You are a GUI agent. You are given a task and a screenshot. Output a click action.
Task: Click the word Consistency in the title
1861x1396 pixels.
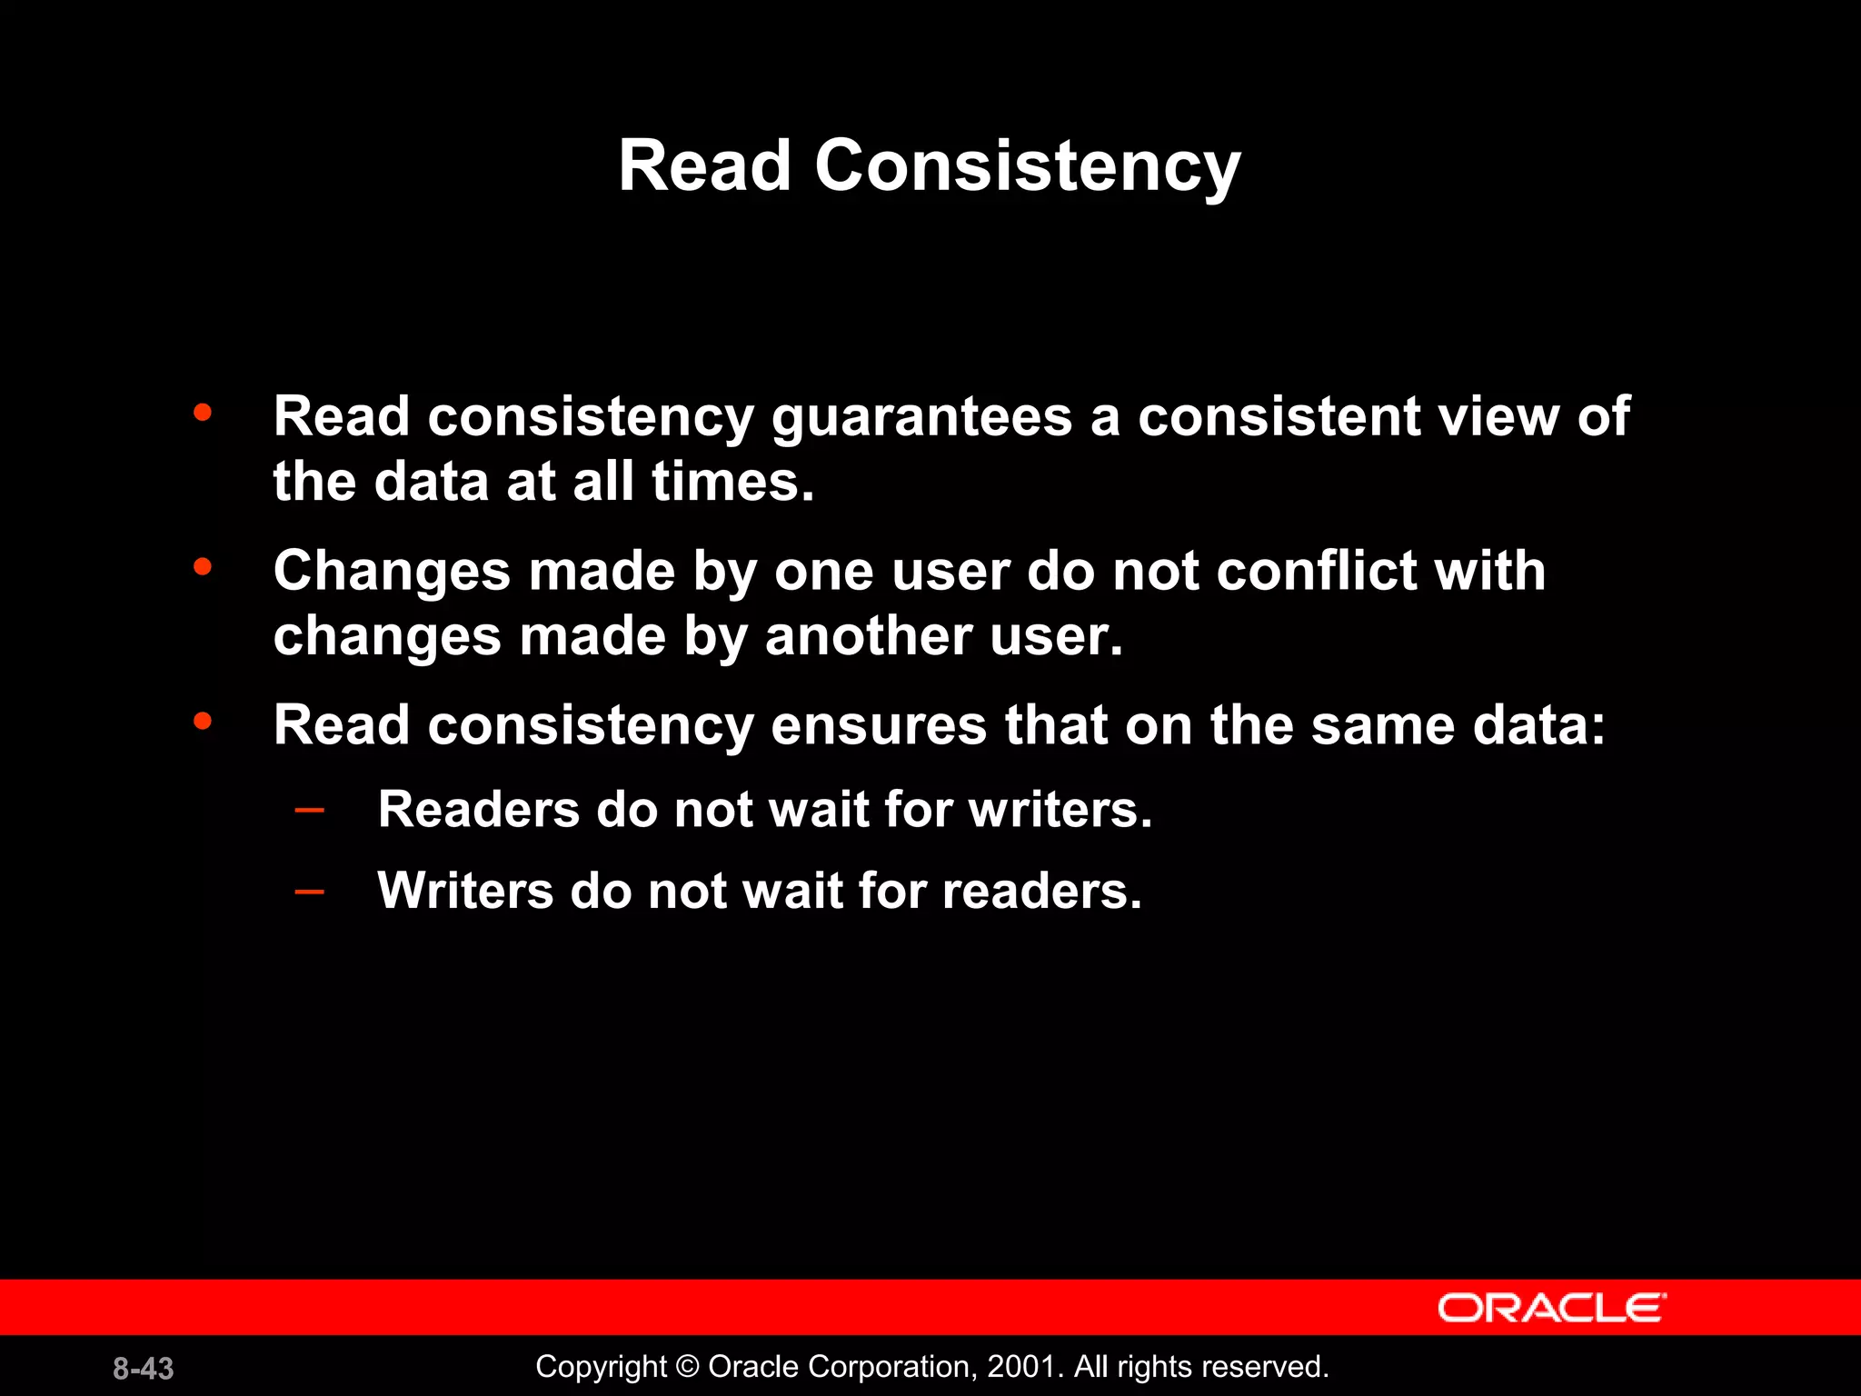1027,168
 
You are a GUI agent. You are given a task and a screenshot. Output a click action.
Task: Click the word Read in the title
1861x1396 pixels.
704,166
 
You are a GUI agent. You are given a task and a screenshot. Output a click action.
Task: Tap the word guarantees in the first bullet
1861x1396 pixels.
921,418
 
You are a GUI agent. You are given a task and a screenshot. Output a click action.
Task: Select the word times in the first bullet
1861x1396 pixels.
731,482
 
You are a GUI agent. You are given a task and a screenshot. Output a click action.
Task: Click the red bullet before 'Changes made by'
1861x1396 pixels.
203,568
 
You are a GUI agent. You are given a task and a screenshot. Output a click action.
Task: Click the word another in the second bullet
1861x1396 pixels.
868,636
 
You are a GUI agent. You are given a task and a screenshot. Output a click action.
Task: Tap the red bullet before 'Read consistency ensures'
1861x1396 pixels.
203,722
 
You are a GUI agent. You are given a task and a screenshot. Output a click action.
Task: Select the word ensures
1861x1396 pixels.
879,727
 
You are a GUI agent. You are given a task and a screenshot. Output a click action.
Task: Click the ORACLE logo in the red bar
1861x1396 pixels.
1551,1308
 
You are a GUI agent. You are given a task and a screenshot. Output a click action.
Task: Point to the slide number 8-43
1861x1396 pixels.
143,1369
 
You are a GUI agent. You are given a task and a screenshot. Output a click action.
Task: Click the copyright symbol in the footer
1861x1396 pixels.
688,1367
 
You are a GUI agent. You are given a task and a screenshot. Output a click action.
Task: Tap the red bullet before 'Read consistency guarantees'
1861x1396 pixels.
203,413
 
